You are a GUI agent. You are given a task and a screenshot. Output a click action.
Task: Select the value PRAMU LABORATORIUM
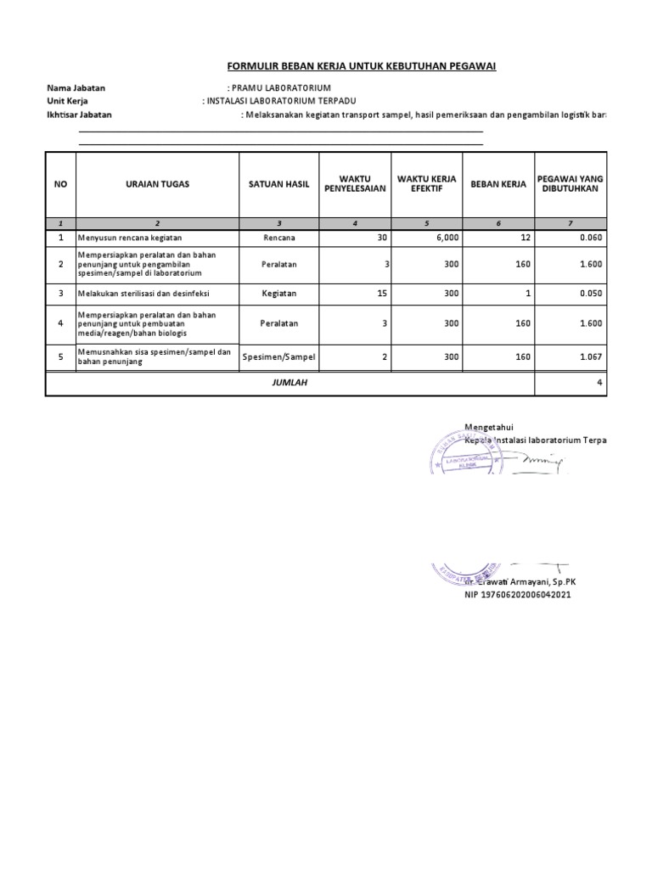pyautogui.click(x=280, y=88)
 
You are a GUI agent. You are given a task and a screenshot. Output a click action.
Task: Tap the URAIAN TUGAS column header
pyautogui.click(x=157, y=183)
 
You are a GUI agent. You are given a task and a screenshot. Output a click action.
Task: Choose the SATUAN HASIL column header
pyautogui.click(x=279, y=183)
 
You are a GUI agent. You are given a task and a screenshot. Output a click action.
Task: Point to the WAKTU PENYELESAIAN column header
pyautogui.click(x=355, y=183)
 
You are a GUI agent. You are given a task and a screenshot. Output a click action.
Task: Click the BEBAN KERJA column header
pyautogui.click(x=498, y=183)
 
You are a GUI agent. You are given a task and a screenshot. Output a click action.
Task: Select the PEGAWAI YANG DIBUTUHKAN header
pyautogui.click(x=570, y=183)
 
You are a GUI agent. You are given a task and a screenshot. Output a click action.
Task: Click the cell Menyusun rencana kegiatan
pyautogui.click(x=130, y=238)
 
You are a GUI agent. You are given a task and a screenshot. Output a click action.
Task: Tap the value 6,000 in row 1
pyautogui.click(x=449, y=238)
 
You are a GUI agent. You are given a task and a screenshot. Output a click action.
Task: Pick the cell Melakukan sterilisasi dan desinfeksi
pyautogui.click(x=143, y=294)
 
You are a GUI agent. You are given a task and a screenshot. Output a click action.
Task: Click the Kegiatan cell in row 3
pyautogui.click(x=279, y=294)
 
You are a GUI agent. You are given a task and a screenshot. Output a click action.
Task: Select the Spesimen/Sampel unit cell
pyautogui.click(x=279, y=357)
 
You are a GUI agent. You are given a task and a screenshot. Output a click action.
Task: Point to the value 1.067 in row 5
pyautogui.click(x=590, y=357)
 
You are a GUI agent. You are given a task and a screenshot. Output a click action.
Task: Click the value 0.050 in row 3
pyautogui.click(x=590, y=294)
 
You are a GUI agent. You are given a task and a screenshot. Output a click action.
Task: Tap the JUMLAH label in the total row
pyautogui.click(x=290, y=383)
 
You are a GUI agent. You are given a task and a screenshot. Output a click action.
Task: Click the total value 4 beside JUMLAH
pyautogui.click(x=599, y=383)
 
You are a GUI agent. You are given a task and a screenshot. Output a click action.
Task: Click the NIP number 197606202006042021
pyautogui.click(x=518, y=595)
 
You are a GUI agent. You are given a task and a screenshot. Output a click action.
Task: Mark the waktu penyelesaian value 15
pyautogui.click(x=381, y=294)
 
